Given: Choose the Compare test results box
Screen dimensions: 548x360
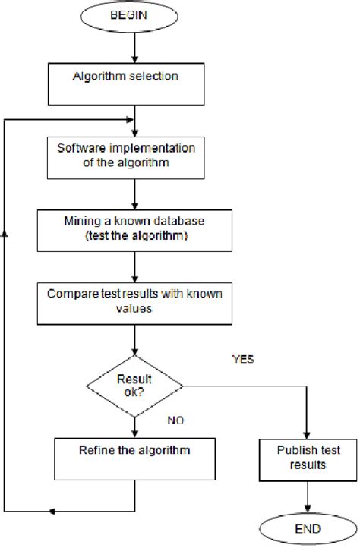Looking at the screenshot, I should pos(134,302).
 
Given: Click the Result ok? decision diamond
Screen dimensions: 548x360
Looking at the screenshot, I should pos(134,384).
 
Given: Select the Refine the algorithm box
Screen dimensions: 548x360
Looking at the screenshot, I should pos(134,450).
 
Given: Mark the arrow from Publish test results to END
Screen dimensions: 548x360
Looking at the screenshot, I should pos(308,496).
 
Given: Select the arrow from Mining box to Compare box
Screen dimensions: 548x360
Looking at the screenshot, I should pos(134,266).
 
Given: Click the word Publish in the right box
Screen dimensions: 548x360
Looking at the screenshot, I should pos(292,449).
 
